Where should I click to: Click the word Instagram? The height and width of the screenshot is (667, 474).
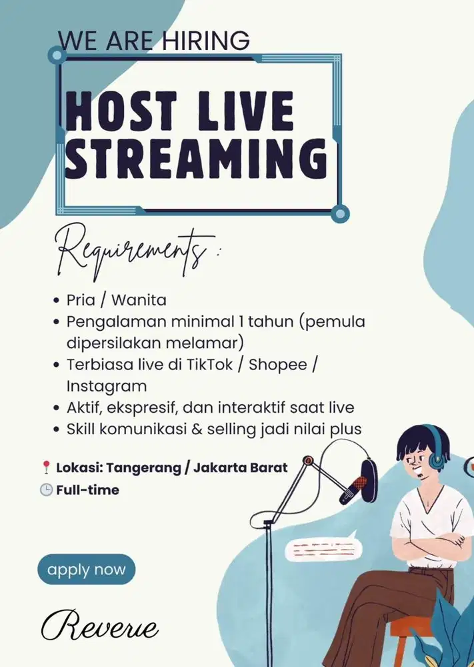(106, 386)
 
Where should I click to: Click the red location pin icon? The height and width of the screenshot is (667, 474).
(46, 468)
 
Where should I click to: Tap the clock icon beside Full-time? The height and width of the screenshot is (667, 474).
(46, 490)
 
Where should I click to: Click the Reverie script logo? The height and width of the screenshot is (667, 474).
(99, 626)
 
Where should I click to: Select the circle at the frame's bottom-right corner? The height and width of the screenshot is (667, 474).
(340, 214)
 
